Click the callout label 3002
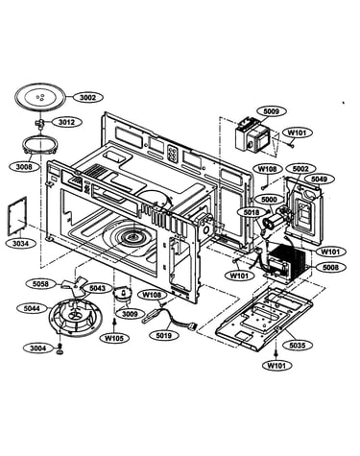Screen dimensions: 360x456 pyautogui.click(x=87, y=97)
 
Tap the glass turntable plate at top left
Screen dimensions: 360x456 pyautogui.click(x=40, y=97)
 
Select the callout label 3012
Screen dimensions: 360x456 pyautogui.click(x=66, y=122)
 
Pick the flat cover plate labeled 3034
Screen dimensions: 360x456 pyautogui.click(x=17, y=216)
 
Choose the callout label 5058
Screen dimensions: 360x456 pyautogui.click(x=40, y=284)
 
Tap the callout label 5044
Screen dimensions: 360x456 pyautogui.click(x=32, y=308)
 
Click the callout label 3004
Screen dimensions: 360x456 pyautogui.click(x=38, y=348)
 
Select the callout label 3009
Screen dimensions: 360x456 pyautogui.click(x=130, y=314)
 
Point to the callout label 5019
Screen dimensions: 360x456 pyautogui.click(x=163, y=335)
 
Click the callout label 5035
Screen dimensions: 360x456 pyautogui.click(x=298, y=345)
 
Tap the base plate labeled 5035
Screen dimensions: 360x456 pyautogui.click(x=263, y=319)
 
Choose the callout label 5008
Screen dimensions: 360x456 pyautogui.click(x=330, y=267)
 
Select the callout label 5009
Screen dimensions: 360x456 pyautogui.click(x=271, y=111)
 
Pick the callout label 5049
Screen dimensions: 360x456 pyautogui.click(x=319, y=180)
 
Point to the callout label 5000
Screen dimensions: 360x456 pyautogui.click(x=269, y=200)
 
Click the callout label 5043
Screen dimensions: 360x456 pyautogui.click(x=97, y=288)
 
